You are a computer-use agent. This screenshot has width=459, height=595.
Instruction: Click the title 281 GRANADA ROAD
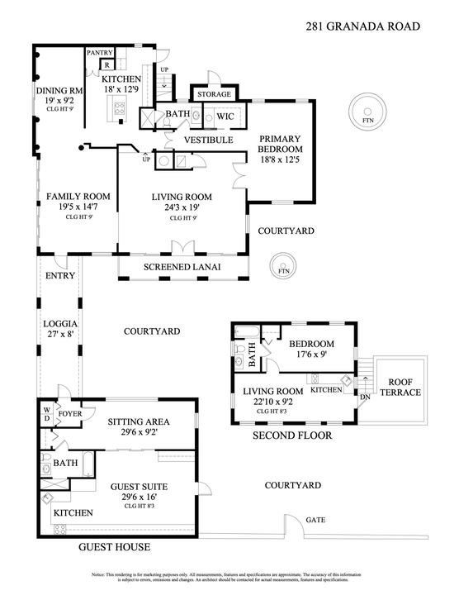tap(362, 26)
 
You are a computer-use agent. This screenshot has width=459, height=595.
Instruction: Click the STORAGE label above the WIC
tap(214, 95)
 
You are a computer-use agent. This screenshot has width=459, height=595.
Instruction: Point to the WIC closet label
tap(225, 117)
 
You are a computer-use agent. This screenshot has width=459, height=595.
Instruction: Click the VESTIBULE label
tap(208, 140)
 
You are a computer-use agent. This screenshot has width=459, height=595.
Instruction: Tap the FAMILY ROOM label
tap(78, 197)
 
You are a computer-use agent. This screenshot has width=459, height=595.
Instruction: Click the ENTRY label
tap(60, 275)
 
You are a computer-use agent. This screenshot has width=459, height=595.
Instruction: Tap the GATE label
tap(316, 521)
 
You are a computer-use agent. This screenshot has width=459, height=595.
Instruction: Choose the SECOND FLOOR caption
tap(291, 436)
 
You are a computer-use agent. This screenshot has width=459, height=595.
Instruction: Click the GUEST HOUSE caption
tap(114, 547)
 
